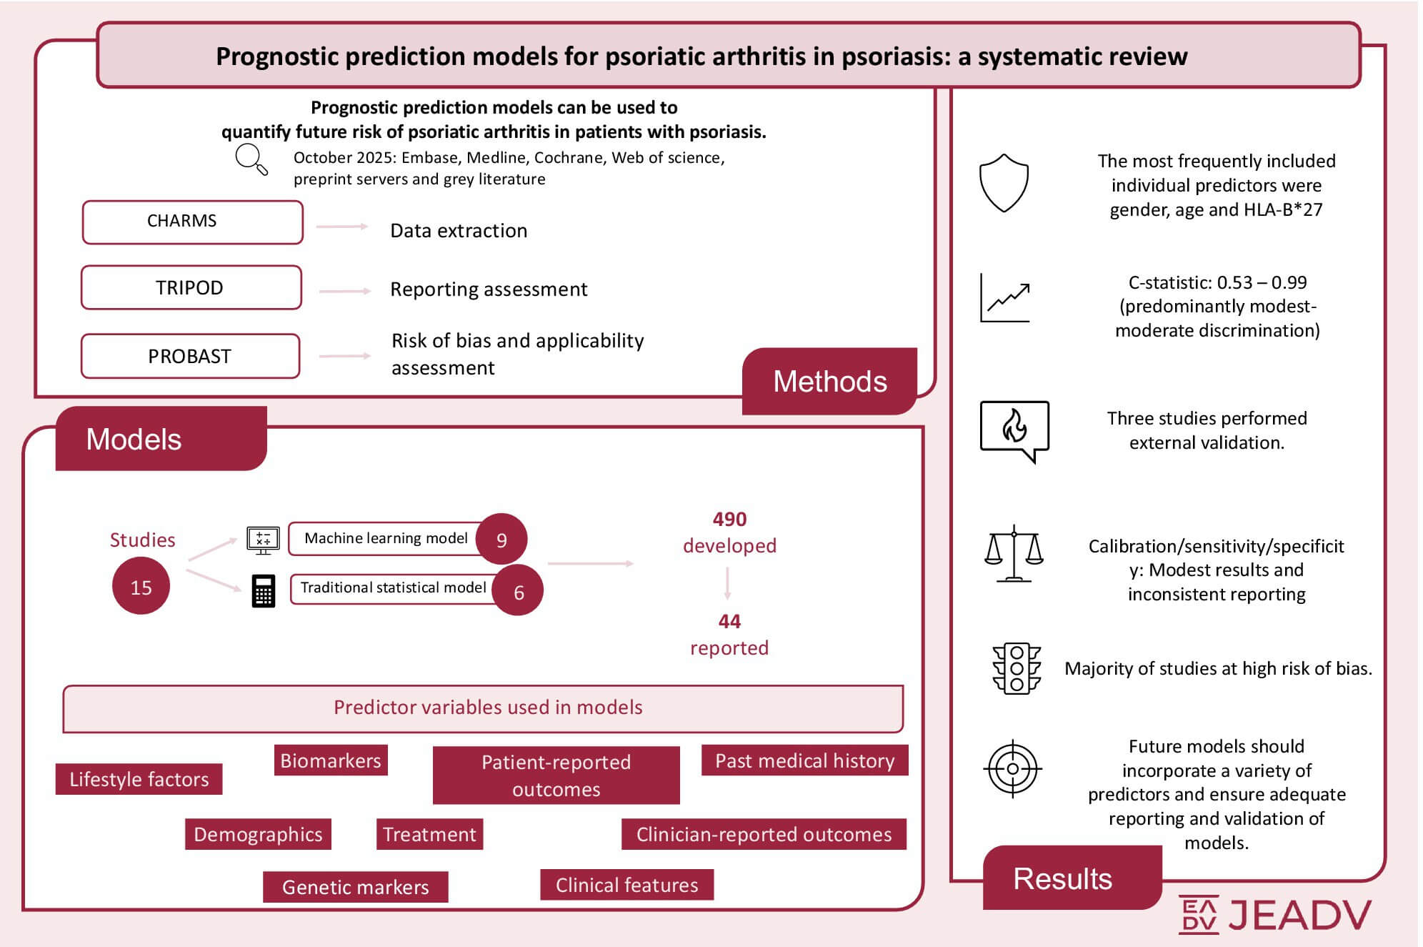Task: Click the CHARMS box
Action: tap(192, 222)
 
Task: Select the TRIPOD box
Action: tap(191, 287)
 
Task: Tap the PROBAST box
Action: tap(190, 356)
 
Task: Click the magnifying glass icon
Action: tap(251, 159)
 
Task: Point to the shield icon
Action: tap(1004, 183)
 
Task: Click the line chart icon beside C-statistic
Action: tap(1005, 297)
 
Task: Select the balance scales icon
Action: tap(1014, 554)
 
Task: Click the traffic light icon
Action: tap(1017, 668)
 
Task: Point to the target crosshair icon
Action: tap(1012, 769)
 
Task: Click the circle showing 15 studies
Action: tap(141, 586)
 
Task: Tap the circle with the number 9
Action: tap(501, 540)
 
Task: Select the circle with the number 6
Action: tap(519, 591)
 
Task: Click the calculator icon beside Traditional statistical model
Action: tap(264, 591)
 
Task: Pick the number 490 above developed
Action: tap(729, 519)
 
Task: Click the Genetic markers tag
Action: tap(356, 887)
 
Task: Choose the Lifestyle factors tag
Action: tap(139, 779)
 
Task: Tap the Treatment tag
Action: tap(429, 834)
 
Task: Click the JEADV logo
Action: tap(1275, 914)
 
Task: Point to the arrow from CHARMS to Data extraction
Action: tap(342, 227)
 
